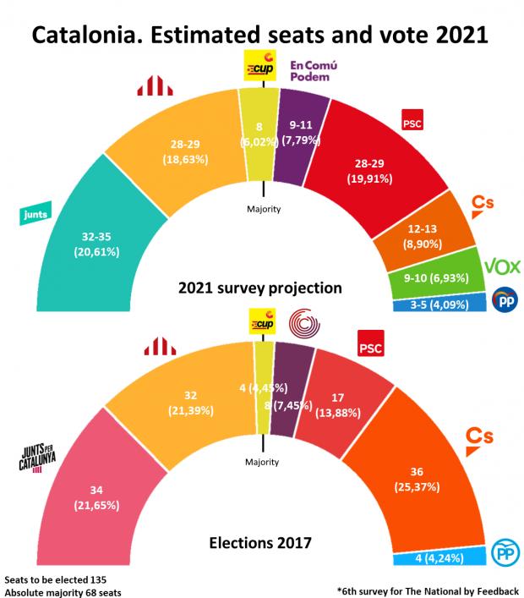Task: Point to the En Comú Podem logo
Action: click(x=314, y=71)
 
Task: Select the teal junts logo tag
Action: click(x=32, y=217)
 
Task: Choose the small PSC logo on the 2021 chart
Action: click(x=412, y=123)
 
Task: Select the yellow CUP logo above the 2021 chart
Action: click(x=259, y=66)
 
